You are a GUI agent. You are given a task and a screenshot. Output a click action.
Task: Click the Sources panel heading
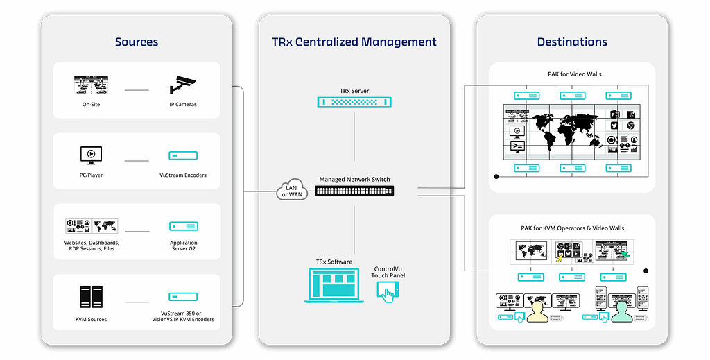tap(137, 42)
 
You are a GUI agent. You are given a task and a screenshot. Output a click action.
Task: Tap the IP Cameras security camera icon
tap(183, 85)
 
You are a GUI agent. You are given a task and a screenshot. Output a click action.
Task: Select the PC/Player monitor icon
tap(91, 155)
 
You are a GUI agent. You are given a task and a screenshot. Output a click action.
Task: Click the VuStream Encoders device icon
tap(183, 156)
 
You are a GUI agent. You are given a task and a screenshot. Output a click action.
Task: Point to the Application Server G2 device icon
tap(183, 226)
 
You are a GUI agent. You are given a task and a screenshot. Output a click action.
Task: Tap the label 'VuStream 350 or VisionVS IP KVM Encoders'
tap(183, 316)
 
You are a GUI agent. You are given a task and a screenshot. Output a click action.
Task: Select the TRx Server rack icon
tap(354, 102)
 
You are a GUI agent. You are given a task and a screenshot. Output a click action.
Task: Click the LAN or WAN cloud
tap(291, 190)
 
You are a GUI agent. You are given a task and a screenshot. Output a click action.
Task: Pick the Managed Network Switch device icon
tap(354, 191)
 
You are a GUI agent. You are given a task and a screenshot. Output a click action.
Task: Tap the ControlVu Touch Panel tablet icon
tap(386, 292)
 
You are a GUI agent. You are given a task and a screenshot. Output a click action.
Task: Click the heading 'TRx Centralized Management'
tap(354, 42)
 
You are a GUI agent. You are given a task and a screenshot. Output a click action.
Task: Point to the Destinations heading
tap(572, 42)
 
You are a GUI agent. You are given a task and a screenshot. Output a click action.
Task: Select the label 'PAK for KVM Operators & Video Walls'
tap(572, 228)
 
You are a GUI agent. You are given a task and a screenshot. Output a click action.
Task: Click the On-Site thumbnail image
tap(91, 85)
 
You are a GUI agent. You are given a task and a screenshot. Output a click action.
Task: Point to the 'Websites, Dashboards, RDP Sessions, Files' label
tap(91, 246)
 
